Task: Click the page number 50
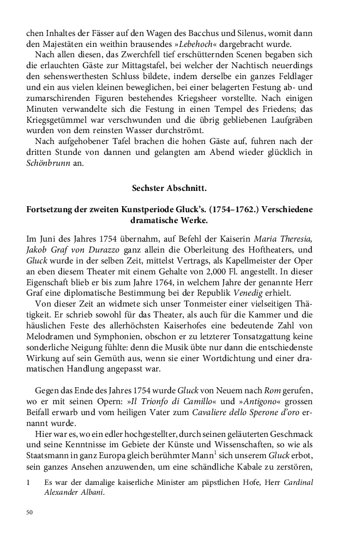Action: point(30,513)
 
